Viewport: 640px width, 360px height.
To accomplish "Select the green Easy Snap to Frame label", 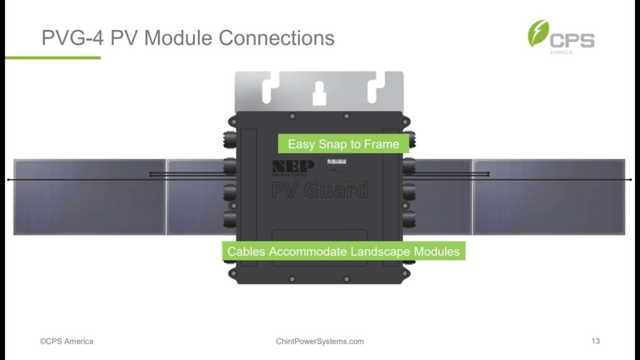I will (x=343, y=144).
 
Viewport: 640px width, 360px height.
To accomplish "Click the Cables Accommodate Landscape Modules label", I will (x=343, y=251).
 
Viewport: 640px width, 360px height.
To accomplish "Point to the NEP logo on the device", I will (x=293, y=168).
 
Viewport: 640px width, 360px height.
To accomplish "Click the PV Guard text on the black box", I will (x=319, y=189).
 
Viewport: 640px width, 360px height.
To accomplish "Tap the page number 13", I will (x=595, y=341).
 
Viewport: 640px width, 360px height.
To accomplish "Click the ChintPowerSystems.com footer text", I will (x=319, y=341).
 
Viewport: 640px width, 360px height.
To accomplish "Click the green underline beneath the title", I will (x=52, y=57).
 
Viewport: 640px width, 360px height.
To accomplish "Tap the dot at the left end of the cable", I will (x=8, y=180).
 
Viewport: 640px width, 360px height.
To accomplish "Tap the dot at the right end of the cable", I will (x=631, y=180).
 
